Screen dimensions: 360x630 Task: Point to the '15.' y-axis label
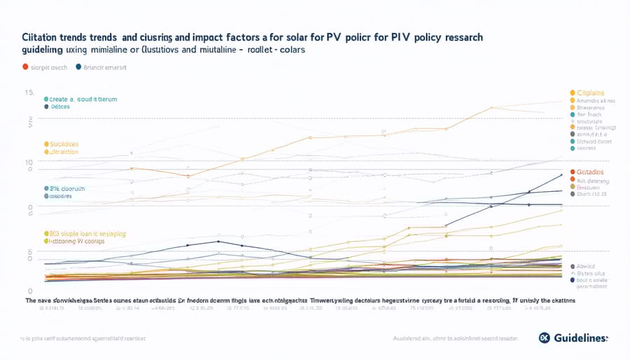click(29, 92)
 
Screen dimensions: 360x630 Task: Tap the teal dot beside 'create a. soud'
click(45, 99)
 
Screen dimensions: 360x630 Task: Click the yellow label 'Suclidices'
click(63, 143)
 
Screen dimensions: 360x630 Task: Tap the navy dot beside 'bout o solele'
click(573, 279)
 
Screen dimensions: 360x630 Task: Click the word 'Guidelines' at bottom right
click(582, 338)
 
